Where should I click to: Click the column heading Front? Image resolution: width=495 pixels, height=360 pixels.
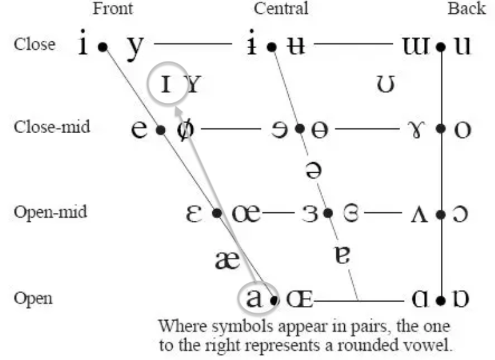(112, 9)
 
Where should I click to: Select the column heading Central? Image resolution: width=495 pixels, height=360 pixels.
(281, 9)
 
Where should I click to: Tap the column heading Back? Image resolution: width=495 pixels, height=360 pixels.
(467, 9)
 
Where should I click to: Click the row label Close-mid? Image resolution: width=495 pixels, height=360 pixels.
(52, 128)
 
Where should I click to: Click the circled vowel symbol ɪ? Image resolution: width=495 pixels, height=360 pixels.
(166, 86)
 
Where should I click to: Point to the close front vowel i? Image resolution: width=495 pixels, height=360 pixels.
(85, 43)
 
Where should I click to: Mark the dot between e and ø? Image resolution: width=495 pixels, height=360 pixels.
(161, 130)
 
